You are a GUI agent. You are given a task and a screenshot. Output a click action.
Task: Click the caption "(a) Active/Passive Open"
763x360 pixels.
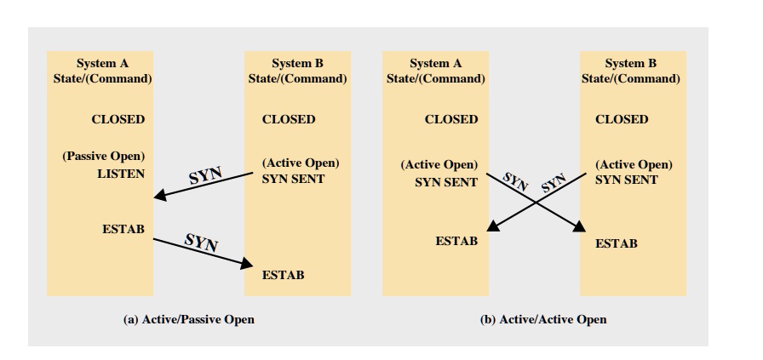point(189,319)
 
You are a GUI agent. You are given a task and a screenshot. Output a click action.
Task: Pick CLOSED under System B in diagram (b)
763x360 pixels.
point(622,119)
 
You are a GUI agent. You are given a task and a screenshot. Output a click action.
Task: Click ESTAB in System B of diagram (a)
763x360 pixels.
point(284,275)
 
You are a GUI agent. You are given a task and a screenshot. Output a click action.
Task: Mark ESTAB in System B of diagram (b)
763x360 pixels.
point(617,243)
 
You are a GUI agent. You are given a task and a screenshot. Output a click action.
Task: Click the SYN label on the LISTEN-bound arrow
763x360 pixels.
point(204,174)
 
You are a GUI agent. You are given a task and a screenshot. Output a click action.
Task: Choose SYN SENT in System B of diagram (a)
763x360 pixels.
point(293,180)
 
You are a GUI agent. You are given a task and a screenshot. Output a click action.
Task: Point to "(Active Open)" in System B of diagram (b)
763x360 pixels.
point(634,164)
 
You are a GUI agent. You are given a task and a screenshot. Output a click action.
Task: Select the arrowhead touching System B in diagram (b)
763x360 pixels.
point(582,227)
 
